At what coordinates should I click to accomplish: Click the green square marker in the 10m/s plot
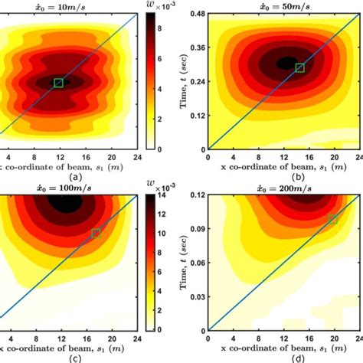[x=59, y=82]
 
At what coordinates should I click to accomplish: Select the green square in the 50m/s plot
[x=299, y=68]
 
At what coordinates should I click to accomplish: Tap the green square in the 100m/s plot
[x=96, y=233]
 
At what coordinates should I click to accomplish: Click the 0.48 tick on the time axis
[x=195, y=15]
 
